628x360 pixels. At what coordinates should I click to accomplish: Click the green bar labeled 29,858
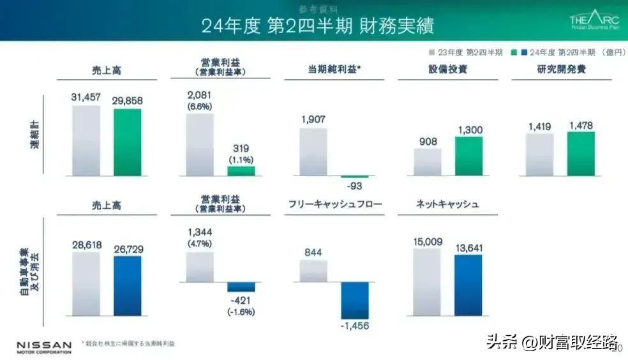tap(128, 142)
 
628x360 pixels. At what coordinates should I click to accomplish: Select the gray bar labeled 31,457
tap(86, 140)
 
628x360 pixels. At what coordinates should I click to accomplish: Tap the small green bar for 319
tap(241, 170)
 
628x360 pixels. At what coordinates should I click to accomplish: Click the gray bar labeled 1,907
tap(313, 151)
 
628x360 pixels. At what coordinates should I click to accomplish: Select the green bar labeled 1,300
tap(468, 155)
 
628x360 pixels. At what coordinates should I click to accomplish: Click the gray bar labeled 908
tap(428, 161)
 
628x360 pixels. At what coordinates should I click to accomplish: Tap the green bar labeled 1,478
tap(581, 153)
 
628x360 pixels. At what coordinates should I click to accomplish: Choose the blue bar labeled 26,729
tap(128, 285)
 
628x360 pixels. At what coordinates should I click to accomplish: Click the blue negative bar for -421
tap(241, 287)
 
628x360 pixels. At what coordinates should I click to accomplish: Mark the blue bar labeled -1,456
tap(355, 300)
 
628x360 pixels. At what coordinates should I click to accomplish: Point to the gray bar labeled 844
tap(313, 271)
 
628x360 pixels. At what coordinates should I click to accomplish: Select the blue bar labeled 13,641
tap(468, 285)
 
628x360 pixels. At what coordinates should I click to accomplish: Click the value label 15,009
tap(427, 241)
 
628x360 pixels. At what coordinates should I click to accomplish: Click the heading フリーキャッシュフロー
tap(334, 204)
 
